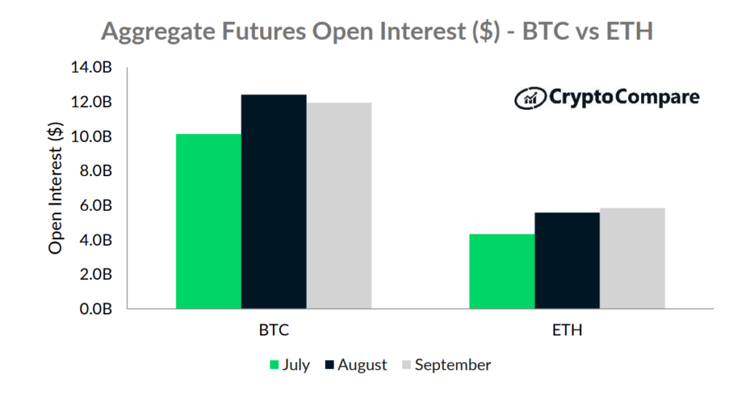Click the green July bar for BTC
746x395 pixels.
coord(208,221)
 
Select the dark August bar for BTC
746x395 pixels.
coord(274,202)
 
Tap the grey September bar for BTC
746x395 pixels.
coord(339,206)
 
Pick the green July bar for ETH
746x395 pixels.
coord(502,271)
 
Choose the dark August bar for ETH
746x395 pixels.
coord(567,260)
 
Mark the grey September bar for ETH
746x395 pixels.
coord(632,258)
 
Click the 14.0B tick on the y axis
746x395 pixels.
coord(91,68)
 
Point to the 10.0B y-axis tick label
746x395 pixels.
coord(91,137)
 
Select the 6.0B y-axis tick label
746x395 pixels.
coord(95,205)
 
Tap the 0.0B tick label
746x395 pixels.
coord(95,309)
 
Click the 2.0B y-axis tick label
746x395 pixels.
coord(95,274)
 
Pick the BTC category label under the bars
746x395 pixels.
coord(274,330)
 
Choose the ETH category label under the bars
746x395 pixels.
coord(567,330)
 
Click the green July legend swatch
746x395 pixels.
coord(274,365)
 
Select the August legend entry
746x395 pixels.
coord(356,365)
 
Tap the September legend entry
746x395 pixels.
coord(447,365)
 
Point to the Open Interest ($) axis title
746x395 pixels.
coord(55,188)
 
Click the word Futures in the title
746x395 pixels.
coord(263,31)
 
